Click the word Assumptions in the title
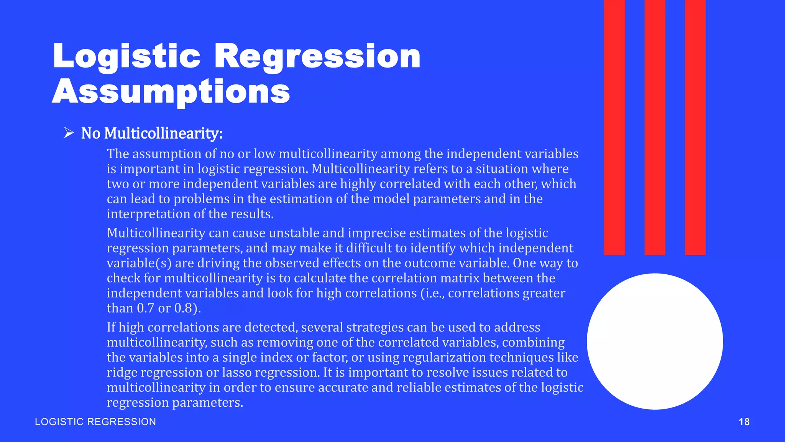tap(171, 92)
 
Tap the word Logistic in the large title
tap(126, 57)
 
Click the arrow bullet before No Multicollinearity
tap(69, 133)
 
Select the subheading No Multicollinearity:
tap(152, 134)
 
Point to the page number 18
tap(744, 422)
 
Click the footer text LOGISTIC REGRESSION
tap(95, 422)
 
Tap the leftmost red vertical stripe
tap(614, 127)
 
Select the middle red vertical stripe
tap(655, 127)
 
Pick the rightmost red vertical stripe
tap(695, 127)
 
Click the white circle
tap(655, 341)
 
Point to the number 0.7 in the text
tap(146, 308)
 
